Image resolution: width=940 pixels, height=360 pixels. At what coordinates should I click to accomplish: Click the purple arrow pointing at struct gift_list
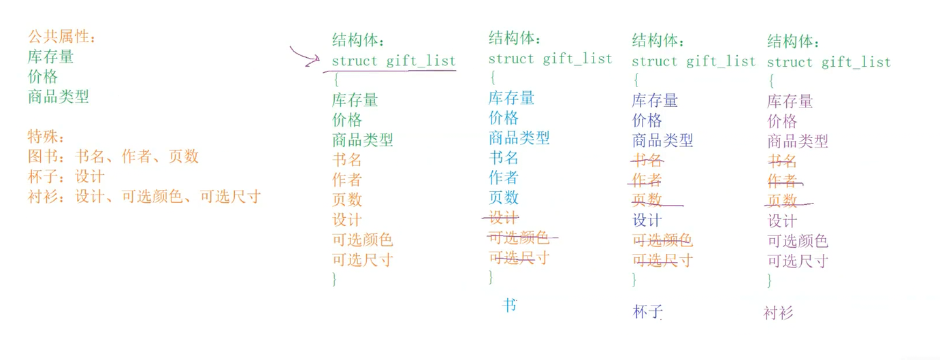coord(304,56)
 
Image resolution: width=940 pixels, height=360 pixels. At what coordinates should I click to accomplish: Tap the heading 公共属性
coord(61,37)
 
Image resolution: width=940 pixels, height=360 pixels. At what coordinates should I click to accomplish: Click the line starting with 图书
coord(113,157)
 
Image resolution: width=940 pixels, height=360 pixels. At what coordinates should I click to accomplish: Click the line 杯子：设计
coord(66,177)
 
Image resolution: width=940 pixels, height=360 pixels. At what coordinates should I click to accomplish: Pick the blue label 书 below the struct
coord(509,305)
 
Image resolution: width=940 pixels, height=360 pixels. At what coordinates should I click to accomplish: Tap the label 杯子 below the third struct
coord(647,312)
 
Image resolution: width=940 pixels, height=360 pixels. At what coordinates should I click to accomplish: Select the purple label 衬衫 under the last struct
coord(779,313)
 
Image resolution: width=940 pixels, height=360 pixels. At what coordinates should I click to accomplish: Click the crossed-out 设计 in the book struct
coord(504,218)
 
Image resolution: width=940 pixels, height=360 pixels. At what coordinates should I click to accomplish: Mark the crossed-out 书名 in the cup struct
coord(647,161)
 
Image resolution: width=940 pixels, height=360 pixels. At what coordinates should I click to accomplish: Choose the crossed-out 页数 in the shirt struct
coord(782,201)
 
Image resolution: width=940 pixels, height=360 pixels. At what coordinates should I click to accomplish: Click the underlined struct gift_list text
coord(393,61)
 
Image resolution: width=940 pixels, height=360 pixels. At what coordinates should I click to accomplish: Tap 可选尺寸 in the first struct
coord(362,260)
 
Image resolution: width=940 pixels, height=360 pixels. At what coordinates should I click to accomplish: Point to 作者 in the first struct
coord(347,180)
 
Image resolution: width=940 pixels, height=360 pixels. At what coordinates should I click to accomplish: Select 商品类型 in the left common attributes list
coord(59,97)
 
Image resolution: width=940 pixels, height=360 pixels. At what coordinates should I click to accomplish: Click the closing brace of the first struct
coord(334,278)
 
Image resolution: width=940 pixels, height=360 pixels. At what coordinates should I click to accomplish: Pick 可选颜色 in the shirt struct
coord(798,241)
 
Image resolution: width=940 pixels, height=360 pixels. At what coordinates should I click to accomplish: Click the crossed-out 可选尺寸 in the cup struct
coord(662,260)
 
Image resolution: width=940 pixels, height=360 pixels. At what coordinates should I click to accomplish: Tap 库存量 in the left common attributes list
coord(51,56)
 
